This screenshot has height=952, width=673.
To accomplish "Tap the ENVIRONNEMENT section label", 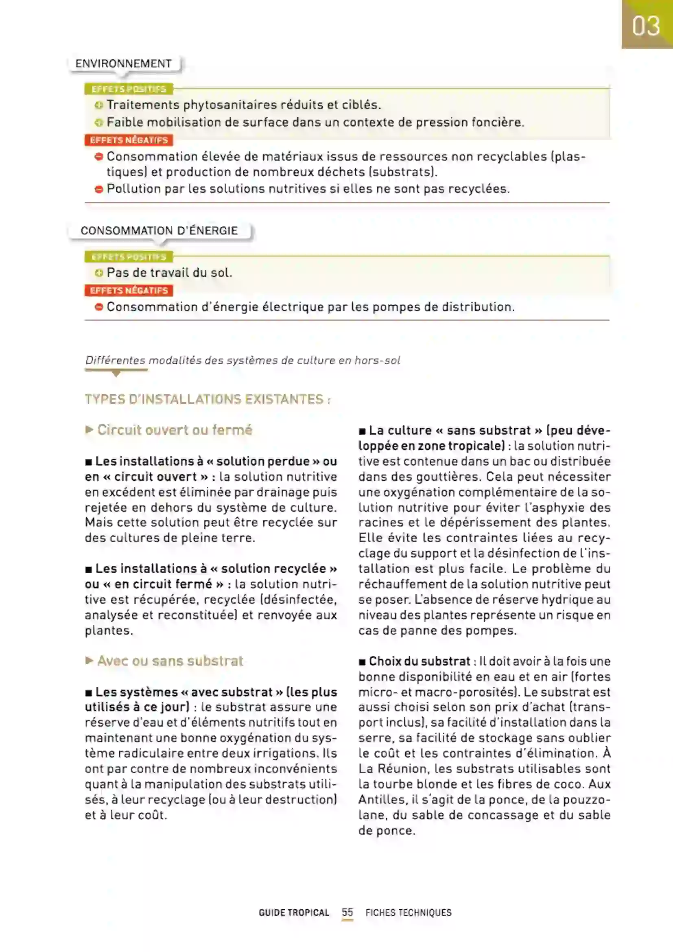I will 124,63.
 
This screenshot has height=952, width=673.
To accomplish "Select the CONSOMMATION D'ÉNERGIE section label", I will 159,230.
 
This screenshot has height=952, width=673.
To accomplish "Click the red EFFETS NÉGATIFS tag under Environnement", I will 129,140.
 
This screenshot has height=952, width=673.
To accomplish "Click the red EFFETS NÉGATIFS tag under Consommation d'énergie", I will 129,290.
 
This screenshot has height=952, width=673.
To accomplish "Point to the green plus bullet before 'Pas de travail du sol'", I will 98,273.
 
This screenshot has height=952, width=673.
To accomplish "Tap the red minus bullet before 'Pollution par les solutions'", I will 98,189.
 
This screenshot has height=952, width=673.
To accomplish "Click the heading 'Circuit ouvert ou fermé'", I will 175,429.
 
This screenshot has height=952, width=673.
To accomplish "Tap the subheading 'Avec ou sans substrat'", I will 170,661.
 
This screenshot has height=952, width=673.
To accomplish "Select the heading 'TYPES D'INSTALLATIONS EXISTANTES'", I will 207,399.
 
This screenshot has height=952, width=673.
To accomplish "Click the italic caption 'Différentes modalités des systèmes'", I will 243,360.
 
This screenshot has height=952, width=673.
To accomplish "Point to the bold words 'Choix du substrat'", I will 420,661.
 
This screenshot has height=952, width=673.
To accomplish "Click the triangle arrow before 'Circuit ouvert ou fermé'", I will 89,429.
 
